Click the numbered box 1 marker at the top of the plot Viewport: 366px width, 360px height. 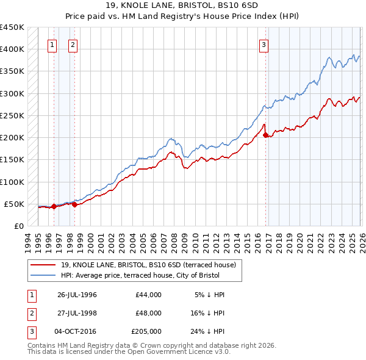[x=52, y=44]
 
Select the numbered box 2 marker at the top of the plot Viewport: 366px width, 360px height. [x=73, y=44]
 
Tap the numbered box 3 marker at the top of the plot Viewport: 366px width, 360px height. [x=264, y=44]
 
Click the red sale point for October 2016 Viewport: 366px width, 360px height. [x=265, y=135]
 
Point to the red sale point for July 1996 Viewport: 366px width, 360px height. [x=54, y=206]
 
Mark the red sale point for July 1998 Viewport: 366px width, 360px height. [x=74, y=204]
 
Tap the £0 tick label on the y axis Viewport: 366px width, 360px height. [x=19, y=226]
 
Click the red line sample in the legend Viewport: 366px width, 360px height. [x=44, y=264]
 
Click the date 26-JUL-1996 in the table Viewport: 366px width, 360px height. [x=77, y=295]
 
